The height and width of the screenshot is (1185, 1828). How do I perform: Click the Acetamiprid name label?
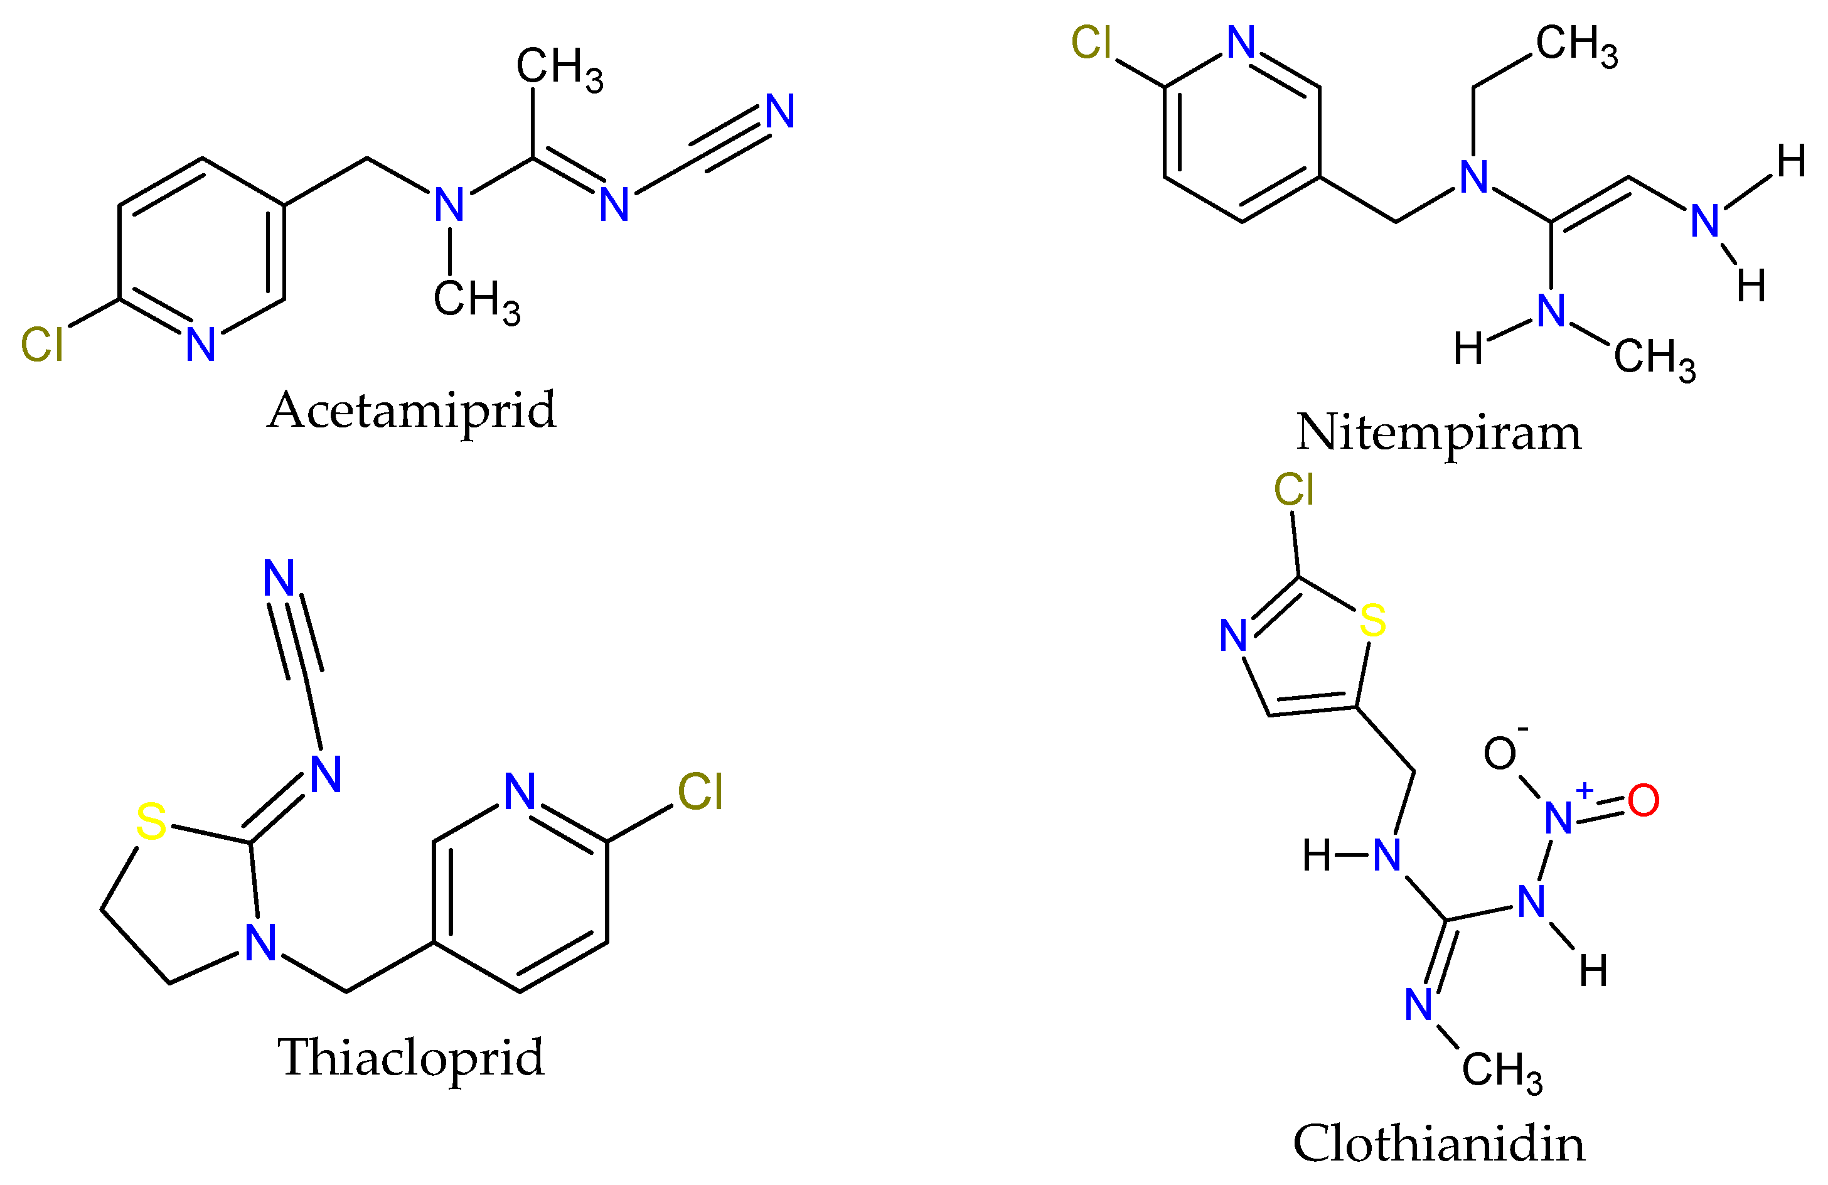412,411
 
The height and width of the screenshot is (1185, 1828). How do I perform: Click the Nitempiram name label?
1438,432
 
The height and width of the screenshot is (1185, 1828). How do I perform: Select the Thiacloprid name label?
411,1058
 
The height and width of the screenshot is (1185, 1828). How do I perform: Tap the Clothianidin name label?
1438,1144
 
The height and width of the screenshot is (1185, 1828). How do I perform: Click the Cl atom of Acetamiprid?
41,344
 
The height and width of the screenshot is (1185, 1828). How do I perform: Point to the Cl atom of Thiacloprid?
700,792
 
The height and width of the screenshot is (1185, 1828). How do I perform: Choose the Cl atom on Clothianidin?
1293,489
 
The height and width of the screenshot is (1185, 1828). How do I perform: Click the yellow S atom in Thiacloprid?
151,822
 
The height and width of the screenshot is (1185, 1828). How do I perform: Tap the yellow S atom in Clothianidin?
1372,621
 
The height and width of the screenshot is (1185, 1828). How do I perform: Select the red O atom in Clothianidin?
1643,801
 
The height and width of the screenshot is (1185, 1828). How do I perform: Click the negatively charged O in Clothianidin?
1499,753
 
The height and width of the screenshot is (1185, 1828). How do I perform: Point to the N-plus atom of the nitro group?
1558,818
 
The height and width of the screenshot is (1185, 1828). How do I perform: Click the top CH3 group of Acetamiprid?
559,68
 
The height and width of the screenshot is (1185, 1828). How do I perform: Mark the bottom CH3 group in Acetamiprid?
476,299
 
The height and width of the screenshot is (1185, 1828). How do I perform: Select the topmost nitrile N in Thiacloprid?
279,577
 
